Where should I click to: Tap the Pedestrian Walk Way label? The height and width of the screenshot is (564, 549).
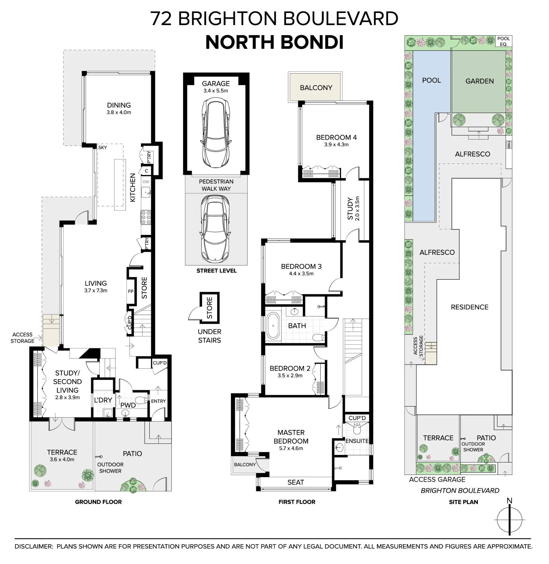click(x=216, y=185)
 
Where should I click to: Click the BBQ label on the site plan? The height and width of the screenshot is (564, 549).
click(x=509, y=144)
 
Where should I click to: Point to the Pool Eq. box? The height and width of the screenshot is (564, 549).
click(x=504, y=41)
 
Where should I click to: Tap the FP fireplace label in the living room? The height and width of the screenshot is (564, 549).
click(x=131, y=292)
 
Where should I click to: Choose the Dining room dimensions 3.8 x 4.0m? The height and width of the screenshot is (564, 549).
click(x=119, y=113)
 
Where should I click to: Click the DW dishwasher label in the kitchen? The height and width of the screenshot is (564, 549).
click(x=146, y=182)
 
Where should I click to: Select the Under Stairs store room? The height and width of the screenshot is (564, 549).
click(x=210, y=308)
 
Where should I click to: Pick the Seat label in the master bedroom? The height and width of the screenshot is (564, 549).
click(x=295, y=482)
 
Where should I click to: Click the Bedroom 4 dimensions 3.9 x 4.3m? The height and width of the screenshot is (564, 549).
click(x=336, y=145)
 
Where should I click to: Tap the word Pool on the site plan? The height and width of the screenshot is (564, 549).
click(x=431, y=80)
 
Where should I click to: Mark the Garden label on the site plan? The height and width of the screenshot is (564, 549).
click(x=479, y=81)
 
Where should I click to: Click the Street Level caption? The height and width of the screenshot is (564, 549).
click(x=217, y=271)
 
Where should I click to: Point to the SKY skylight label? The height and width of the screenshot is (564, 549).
click(x=102, y=147)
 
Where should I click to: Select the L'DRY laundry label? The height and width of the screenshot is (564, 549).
click(x=103, y=400)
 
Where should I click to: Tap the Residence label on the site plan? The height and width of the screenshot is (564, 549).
click(x=469, y=307)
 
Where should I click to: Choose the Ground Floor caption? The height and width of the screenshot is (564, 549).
click(x=98, y=502)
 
